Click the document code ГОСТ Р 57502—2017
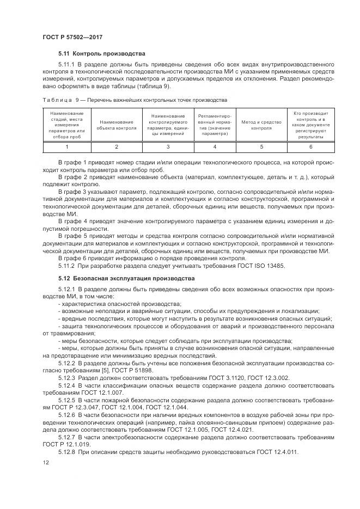(73, 36)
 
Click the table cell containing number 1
(67, 147)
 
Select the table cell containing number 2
(116, 147)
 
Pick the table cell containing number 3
(168, 147)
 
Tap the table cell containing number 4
(215, 147)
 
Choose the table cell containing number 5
(262, 147)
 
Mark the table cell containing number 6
(311, 147)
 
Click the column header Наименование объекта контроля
(116, 125)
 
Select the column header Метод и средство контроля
(262, 125)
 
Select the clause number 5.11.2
(68, 265)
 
